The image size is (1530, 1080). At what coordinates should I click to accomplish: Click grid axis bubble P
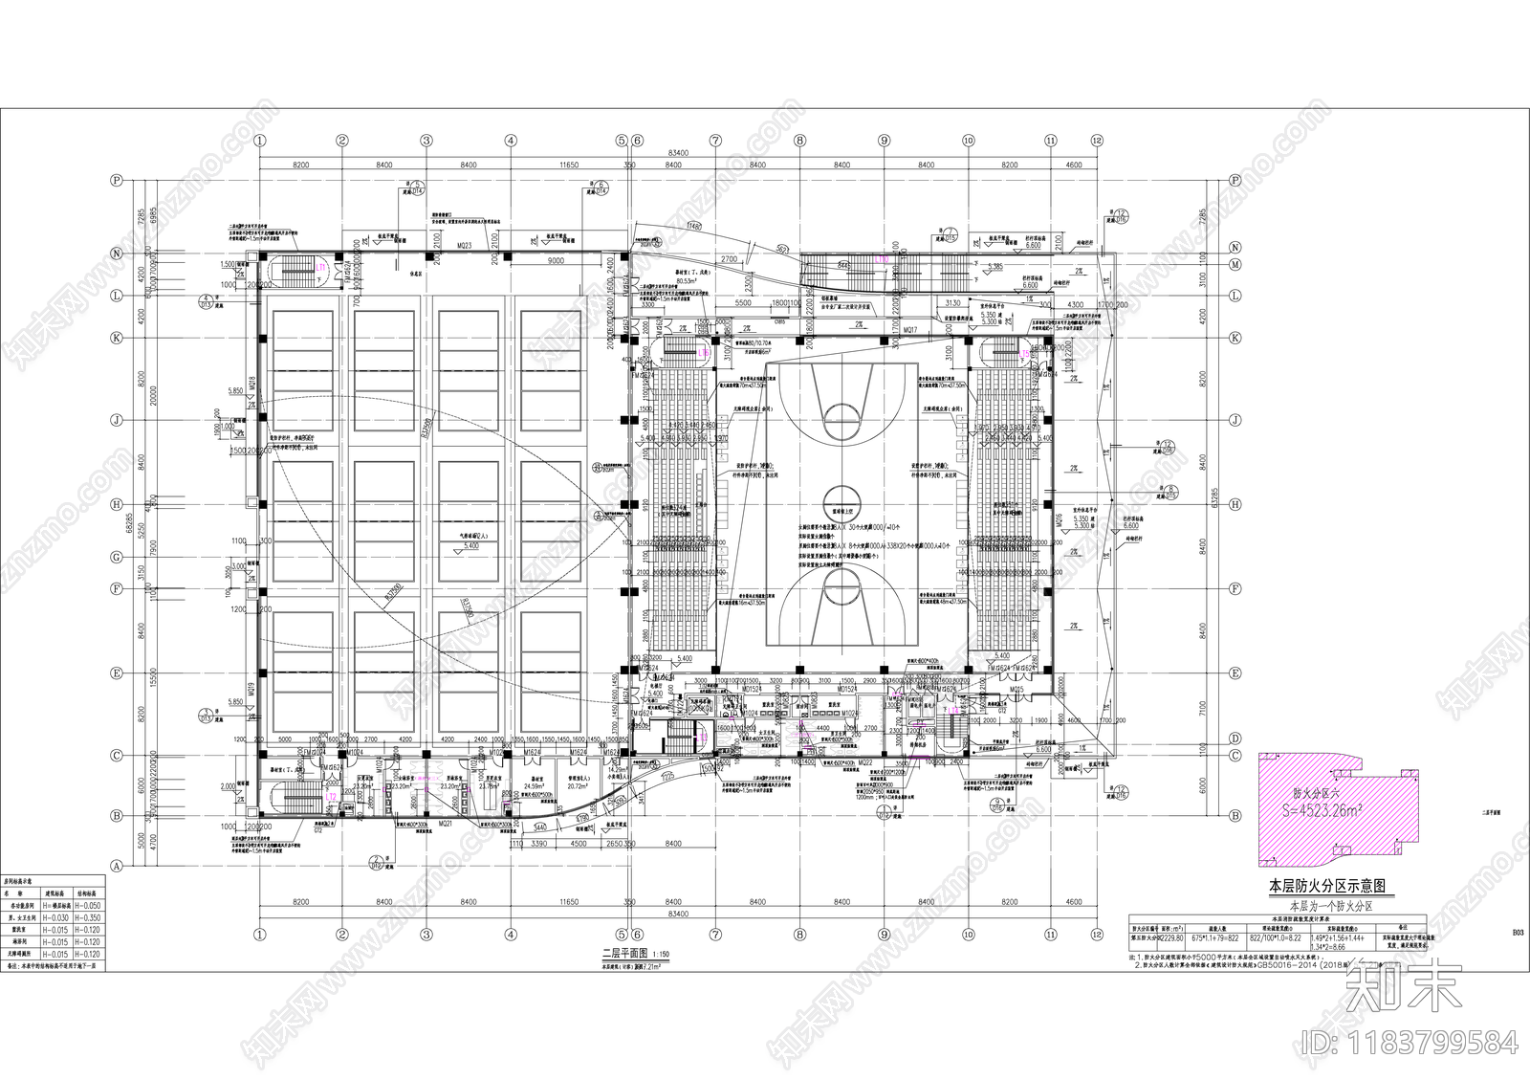[118, 179]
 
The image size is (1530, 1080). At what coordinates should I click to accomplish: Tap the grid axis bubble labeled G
[118, 557]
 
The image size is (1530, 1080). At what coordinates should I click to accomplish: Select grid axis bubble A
[118, 866]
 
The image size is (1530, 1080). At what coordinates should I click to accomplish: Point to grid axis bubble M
[1235, 264]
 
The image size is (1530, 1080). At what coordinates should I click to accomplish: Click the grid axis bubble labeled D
[1235, 738]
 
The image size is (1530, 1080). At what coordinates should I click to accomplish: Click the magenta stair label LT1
[322, 266]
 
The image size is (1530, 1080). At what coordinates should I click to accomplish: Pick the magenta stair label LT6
[706, 352]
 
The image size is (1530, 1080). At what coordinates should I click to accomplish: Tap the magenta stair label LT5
[1024, 353]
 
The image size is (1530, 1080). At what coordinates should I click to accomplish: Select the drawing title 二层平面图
[623, 954]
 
